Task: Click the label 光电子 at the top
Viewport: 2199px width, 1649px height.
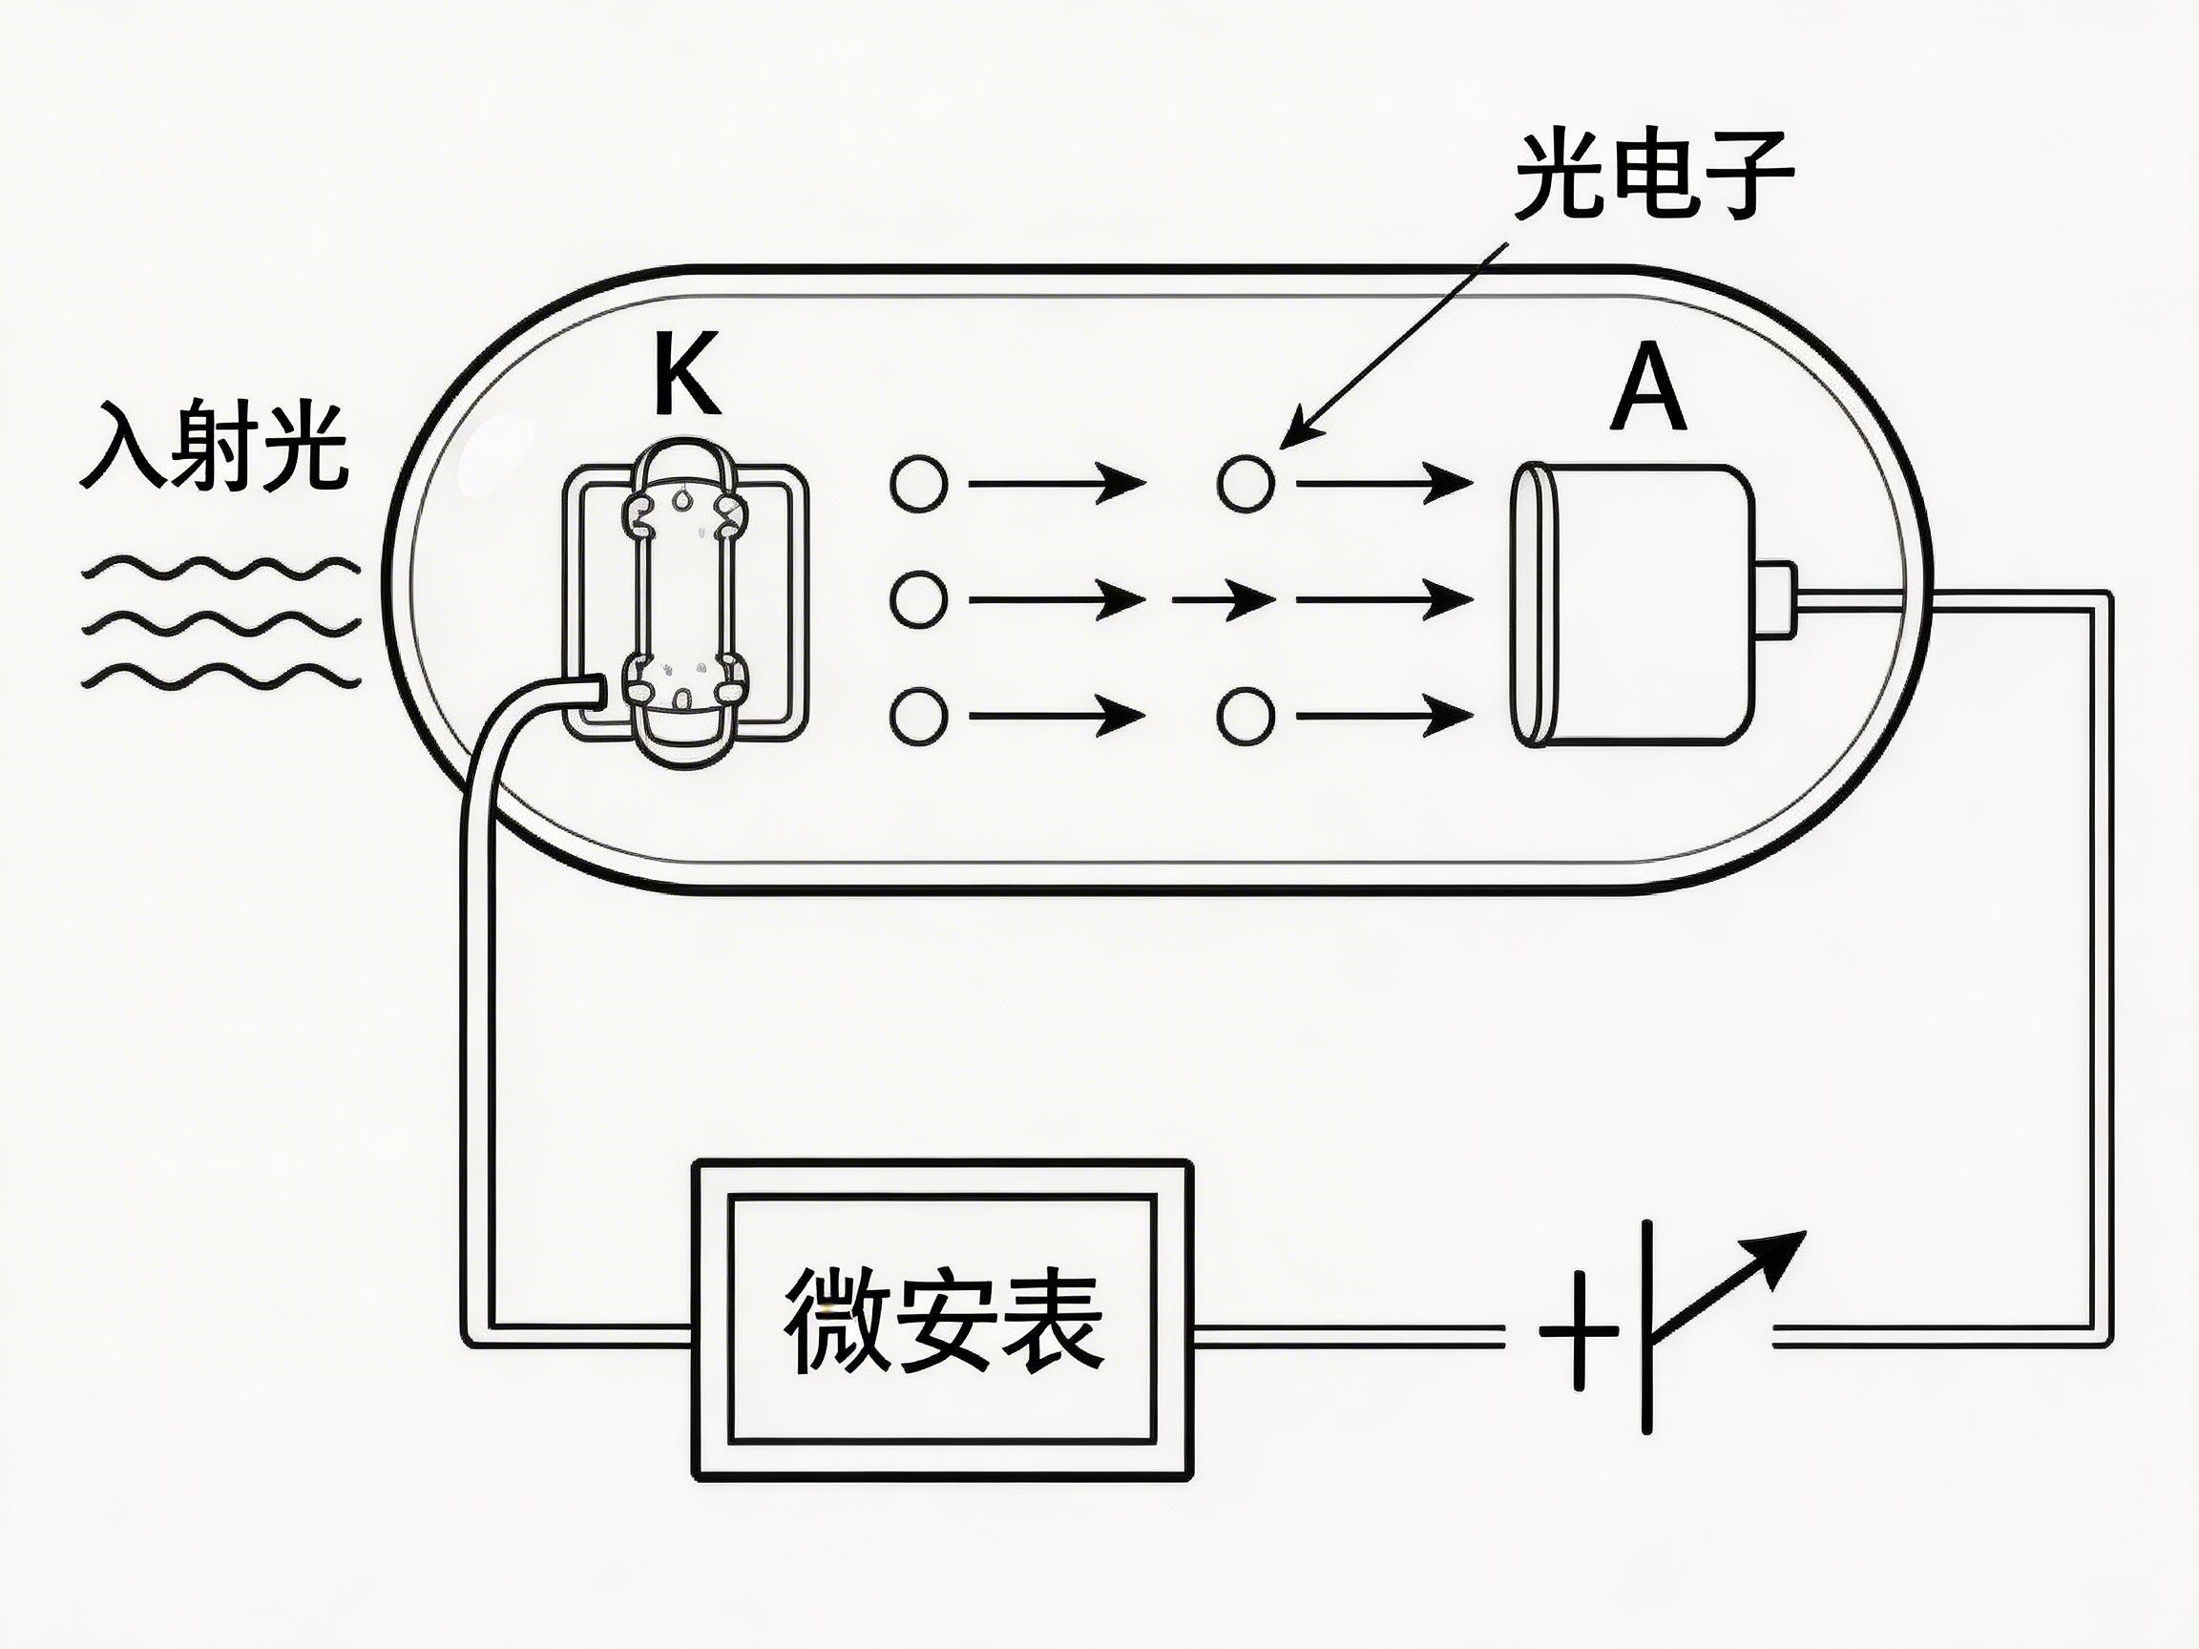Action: pyautogui.click(x=1654, y=177)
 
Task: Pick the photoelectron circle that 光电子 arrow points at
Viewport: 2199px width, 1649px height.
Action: pyautogui.click(x=1246, y=483)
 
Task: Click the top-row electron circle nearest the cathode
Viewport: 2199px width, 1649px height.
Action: pyautogui.click(x=918, y=484)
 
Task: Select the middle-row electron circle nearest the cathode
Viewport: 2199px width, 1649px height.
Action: pyautogui.click(x=918, y=599)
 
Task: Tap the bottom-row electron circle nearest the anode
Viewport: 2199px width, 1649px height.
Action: pyautogui.click(x=1246, y=715)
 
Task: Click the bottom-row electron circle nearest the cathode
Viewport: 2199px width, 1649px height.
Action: pyautogui.click(x=918, y=715)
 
